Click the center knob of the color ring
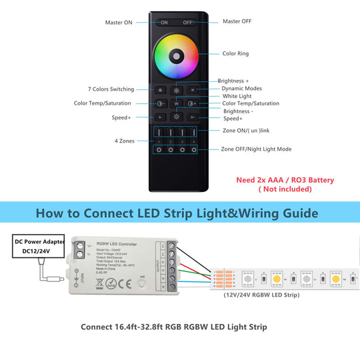(x=177, y=54)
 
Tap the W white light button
(x=177, y=103)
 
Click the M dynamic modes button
(x=193, y=89)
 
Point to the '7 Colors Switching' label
(x=111, y=89)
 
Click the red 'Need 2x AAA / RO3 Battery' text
(x=285, y=180)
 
